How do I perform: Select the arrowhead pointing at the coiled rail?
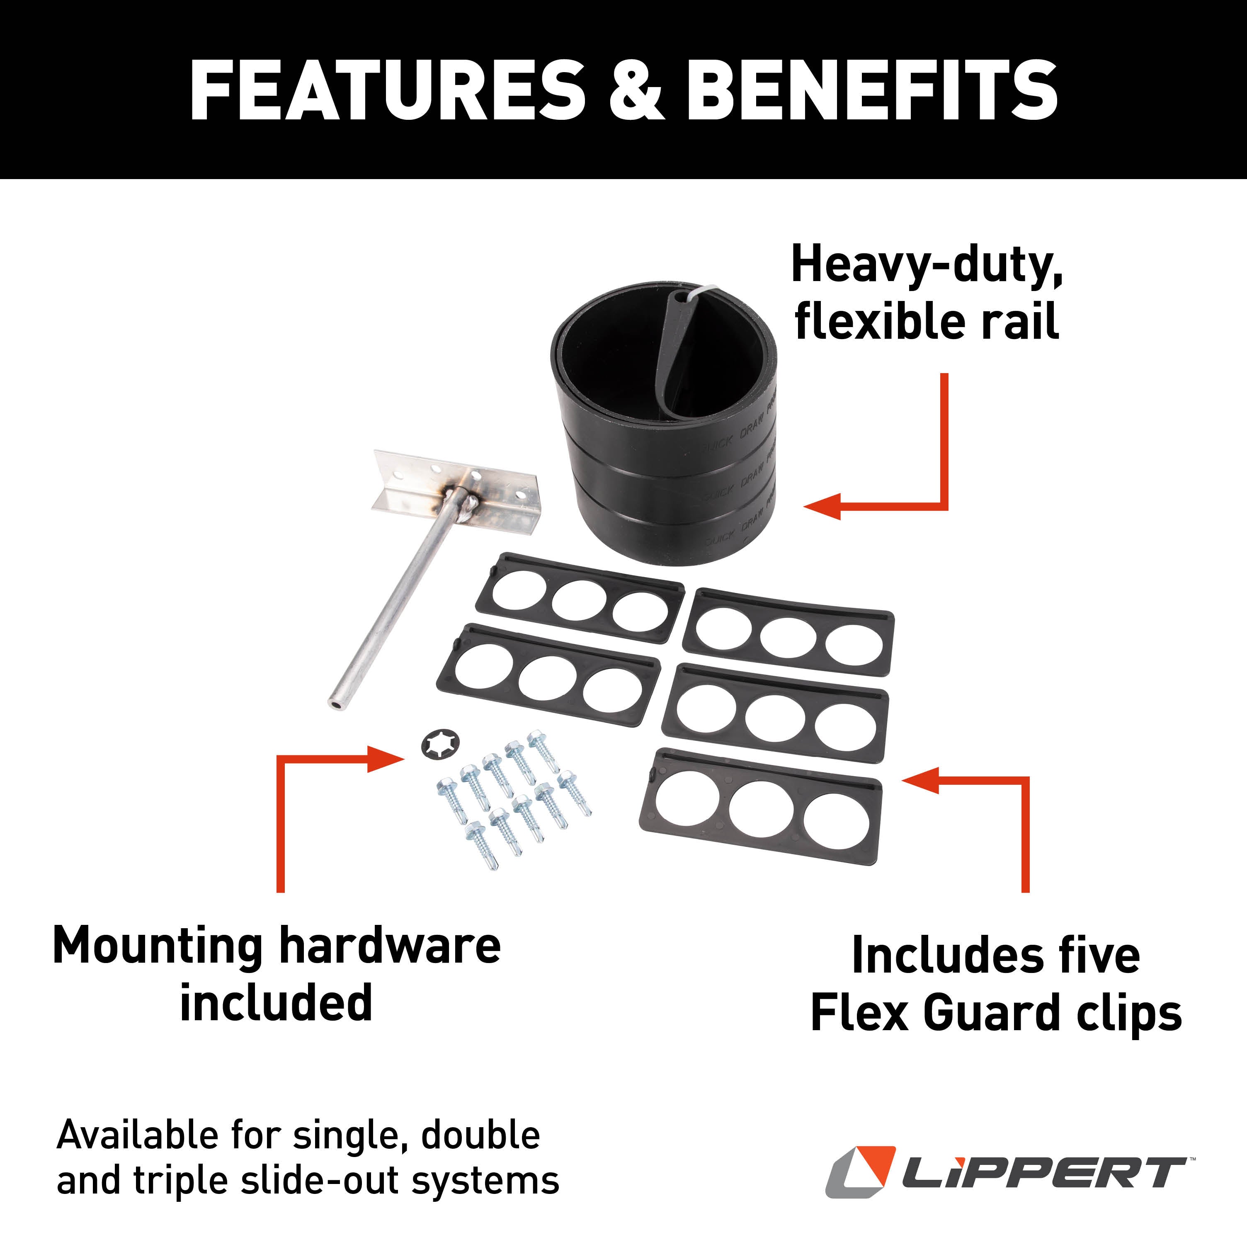pos(823,505)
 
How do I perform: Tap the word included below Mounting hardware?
pos(276,1003)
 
